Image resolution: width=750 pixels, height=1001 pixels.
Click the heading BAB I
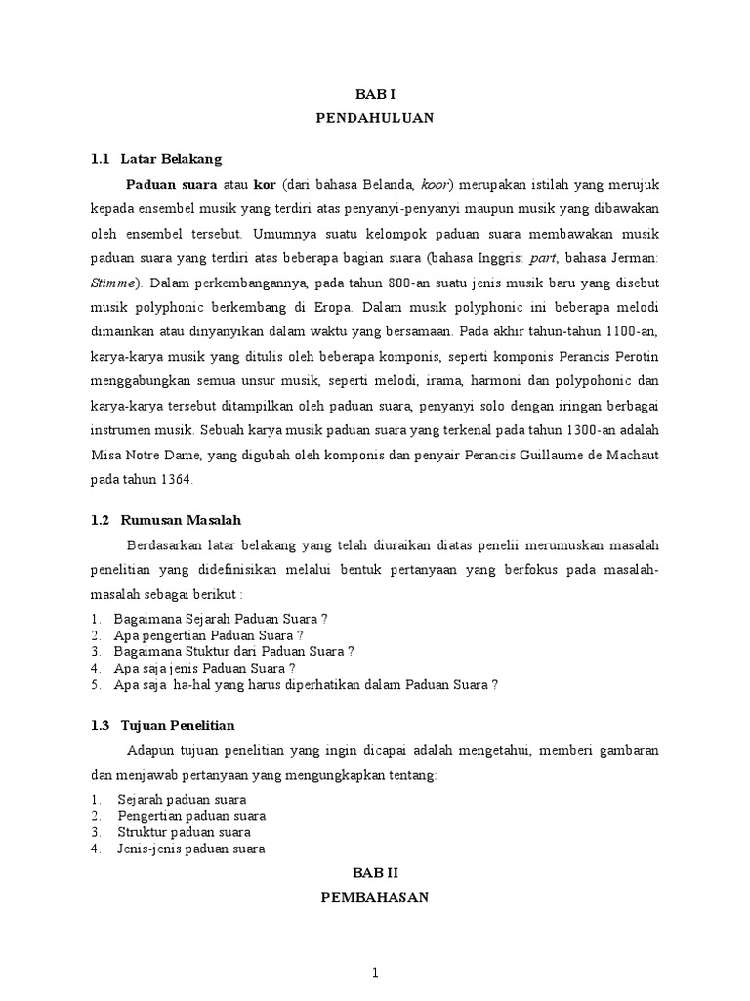374,94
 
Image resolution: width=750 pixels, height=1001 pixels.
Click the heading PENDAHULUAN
374,118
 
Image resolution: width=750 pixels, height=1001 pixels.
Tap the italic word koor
436,184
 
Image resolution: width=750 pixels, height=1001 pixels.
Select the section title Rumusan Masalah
181,520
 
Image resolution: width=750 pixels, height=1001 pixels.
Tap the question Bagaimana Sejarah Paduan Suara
221,619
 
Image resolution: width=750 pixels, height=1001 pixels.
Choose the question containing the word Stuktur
233,651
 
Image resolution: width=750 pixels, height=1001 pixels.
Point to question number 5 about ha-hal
306,684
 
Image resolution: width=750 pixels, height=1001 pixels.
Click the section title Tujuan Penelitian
177,725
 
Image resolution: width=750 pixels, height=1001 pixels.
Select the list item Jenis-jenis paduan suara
191,849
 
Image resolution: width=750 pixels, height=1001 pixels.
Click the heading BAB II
374,872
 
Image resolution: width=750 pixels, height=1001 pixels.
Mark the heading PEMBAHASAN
374,897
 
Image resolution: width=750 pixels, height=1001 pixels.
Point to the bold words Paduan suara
171,184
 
